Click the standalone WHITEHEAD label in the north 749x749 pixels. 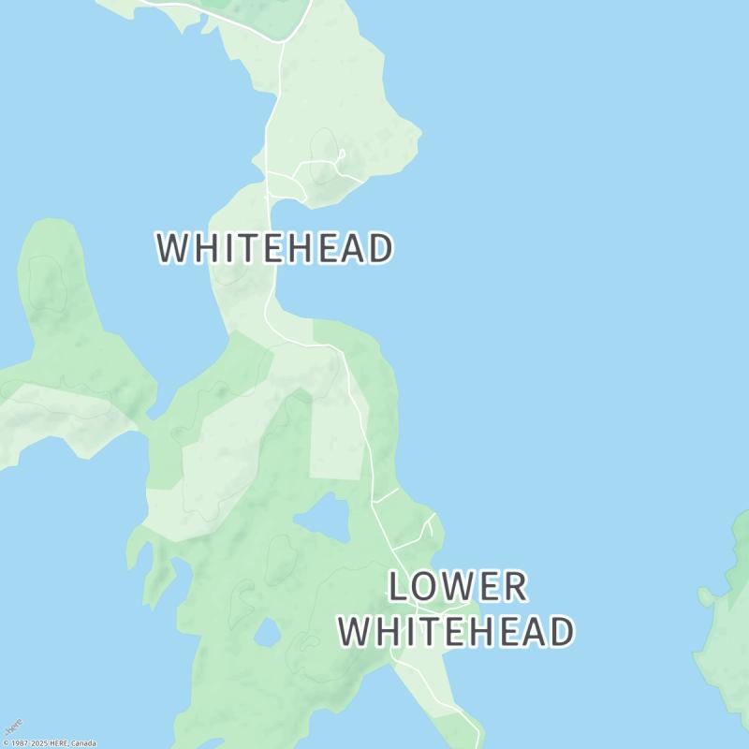[274, 249]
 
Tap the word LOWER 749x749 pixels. [458, 587]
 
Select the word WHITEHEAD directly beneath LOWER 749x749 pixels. [456, 632]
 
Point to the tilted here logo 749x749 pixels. [12, 728]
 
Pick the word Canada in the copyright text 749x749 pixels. [82, 743]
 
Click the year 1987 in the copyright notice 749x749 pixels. [19, 743]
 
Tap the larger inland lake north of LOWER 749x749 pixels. [324, 518]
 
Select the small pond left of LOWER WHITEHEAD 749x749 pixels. [267, 634]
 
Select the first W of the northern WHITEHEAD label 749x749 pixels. [172, 249]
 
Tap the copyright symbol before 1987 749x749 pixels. [5, 743]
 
